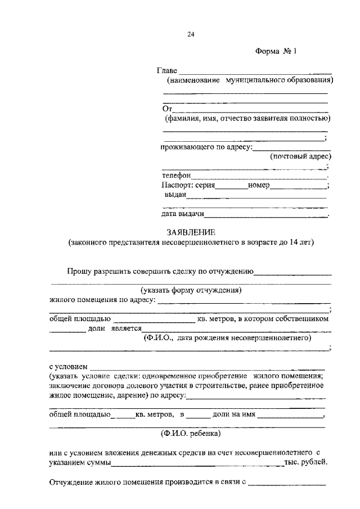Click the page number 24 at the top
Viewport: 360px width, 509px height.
point(191,34)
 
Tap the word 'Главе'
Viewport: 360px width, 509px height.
point(166,71)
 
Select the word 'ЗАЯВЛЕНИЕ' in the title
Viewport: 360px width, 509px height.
point(191,232)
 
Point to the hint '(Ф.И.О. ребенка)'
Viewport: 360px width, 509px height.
point(191,434)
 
